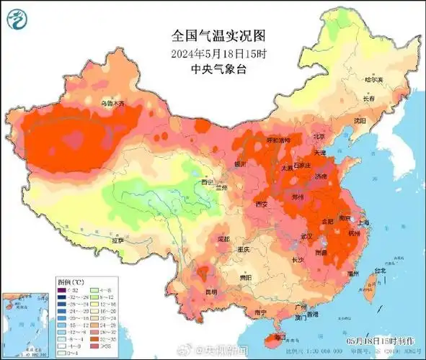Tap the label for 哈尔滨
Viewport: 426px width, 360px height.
[x=374, y=80]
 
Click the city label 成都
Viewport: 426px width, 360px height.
[x=222, y=238]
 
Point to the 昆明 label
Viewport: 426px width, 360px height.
[x=210, y=292]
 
